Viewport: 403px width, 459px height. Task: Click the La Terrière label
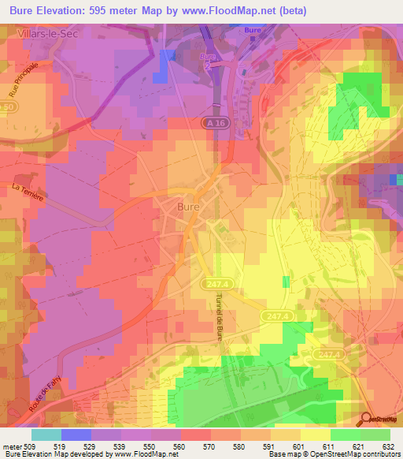(x=27, y=192)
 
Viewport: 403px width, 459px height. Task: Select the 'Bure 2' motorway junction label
(x=208, y=61)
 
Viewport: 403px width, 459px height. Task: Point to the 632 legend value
(x=389, y=446)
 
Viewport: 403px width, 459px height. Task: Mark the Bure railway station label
(x=252, y=31)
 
